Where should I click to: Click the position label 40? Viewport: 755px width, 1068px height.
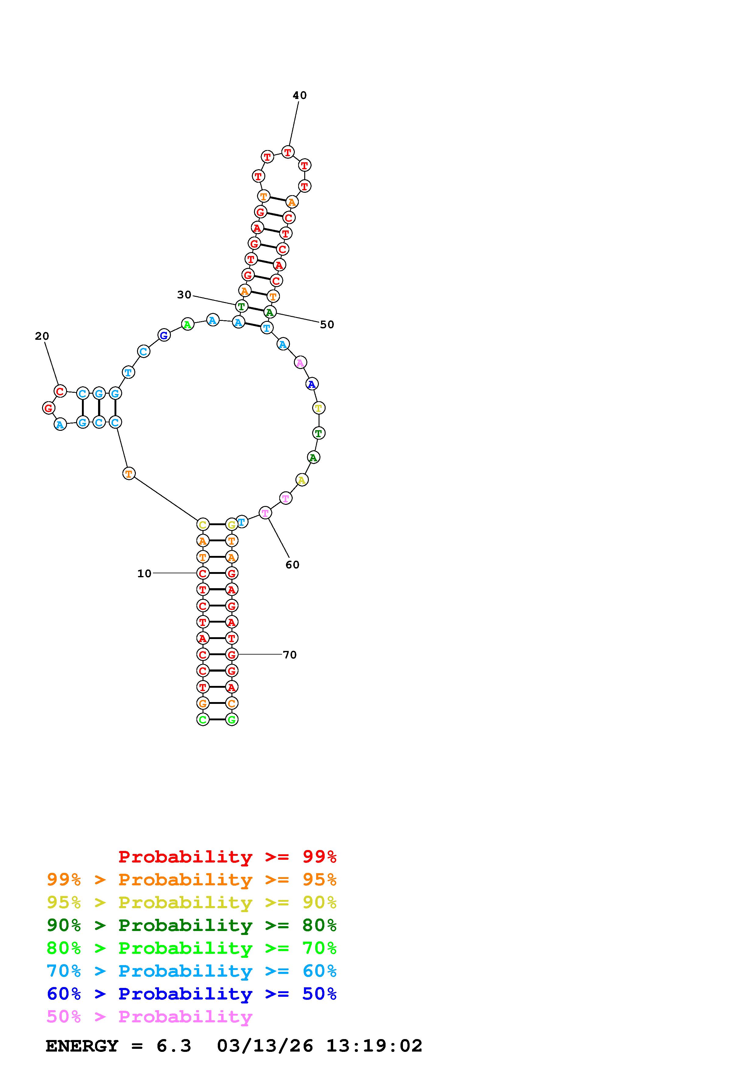(x=300, y=95)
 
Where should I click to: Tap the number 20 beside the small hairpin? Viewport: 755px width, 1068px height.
(x=42, y=336)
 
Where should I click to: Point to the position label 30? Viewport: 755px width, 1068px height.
(x=184, y=295)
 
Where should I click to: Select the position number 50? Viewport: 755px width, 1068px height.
(x=327, y=325)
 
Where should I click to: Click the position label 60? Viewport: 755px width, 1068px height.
(x=292, y=565)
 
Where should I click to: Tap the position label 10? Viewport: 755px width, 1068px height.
(x=144, y=574)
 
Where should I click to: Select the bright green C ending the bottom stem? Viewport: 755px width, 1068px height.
(x=203, y=720)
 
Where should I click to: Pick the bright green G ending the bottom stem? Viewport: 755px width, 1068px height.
(x=232, y=720)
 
